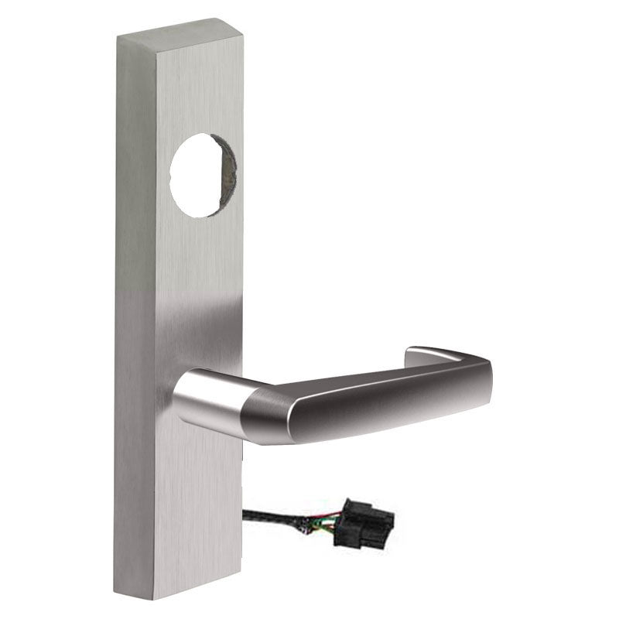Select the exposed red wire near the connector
click(x=323, y=515)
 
